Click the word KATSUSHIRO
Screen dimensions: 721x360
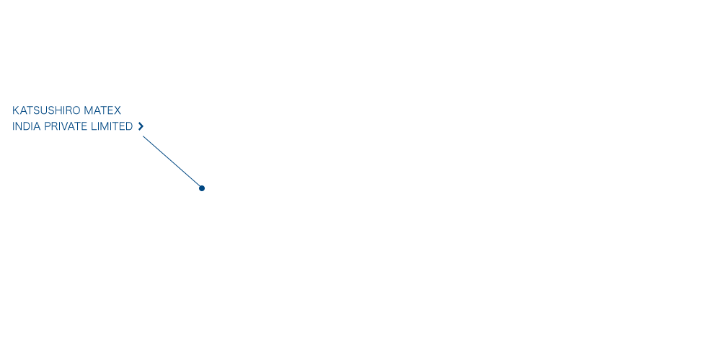pyautogui.click(x=46, y=110)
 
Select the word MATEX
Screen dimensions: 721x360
pyautogui.click(x=102, y=110)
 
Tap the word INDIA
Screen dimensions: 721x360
pyautogui.click(x=27, y=126)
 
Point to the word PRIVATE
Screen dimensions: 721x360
pyautogui.click(x=66, y=126)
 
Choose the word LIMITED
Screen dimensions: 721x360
pyautogui.click(x=112, y=126)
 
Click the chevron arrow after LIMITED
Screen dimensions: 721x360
pyautogui.click(x=141, y=126)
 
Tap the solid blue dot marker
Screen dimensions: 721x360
pyautogui.click(x=201, y=188)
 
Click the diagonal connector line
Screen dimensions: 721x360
pyautogui.click(x=172, y=161)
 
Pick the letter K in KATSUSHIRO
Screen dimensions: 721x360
pyautogui.click(x=16, y=110)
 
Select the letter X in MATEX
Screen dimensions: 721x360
pyautogui.click(x=118, y=110)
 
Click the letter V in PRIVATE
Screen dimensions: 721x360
pyautogui.click(x=63, y=126)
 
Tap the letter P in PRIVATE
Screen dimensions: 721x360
pyautogui.click(x=48, y=126)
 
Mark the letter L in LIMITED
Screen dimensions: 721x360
pyautogui.click(x=94, y=126)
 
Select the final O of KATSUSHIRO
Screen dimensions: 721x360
pyautogui.click(x=76, y=110)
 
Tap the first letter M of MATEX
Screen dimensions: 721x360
pyautogui.click(x=89, y=110)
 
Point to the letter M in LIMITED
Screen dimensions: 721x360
pyautogui.click(x=105, y=126)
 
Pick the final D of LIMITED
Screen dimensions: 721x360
pyautogui.click(x=129, y=126)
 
